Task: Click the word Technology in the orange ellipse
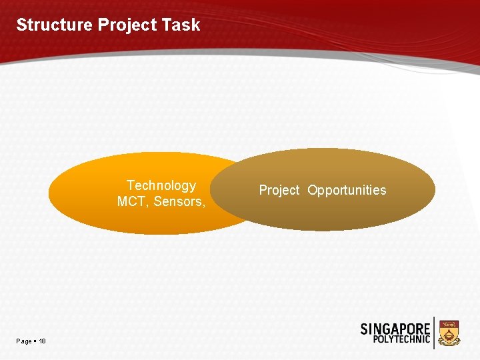tap(161, 185)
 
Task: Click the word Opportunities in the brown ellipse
tap(347, 191)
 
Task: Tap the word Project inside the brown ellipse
tap(279, 191)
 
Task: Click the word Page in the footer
tap(24, 341)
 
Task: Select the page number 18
tap(42, 341)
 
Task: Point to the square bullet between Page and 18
tap(35, 341)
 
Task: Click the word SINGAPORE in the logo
tap(395, 329)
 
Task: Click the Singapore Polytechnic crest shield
tap(449, 332)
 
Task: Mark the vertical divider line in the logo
tap(434, 333)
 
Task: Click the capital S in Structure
tap(21, 25)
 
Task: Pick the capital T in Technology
tap(130, 185)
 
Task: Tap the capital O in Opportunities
tap(312, 191)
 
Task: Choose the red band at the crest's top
tap(449, 323)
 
